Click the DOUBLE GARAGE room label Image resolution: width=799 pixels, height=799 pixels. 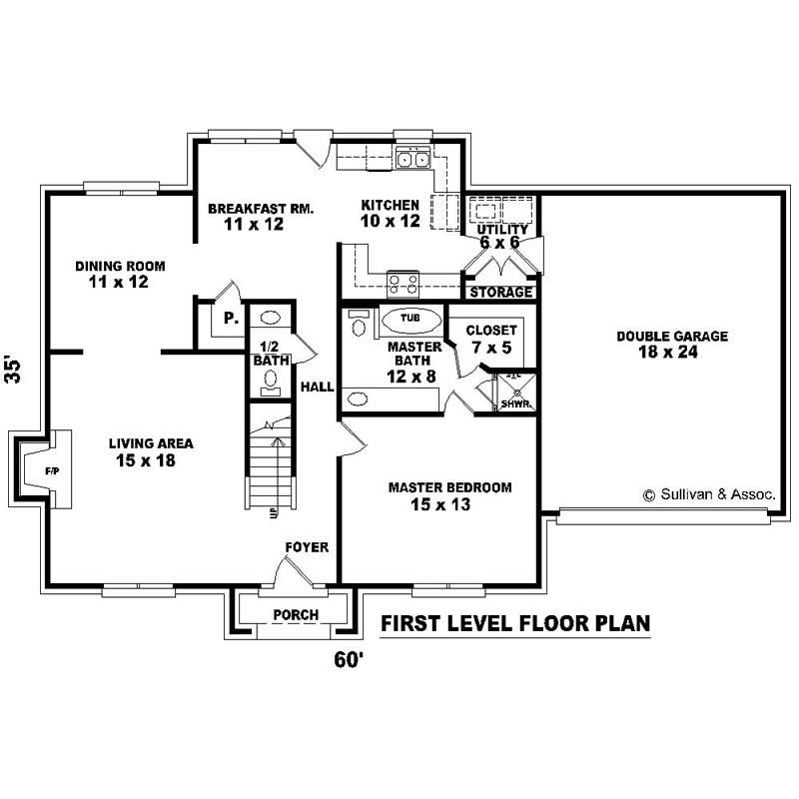[x=671, y=337]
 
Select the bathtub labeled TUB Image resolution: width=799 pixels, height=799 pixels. [x=409, y=319]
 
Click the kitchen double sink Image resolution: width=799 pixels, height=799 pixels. [x=412, y=158]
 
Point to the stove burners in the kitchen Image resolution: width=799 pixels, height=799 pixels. [x=402, y=284]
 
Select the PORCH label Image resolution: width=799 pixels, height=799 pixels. [x=295, y=614]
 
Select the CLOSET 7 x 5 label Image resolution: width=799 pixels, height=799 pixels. [x=491, y=338]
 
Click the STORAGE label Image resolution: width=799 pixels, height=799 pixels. [x=501, y=293]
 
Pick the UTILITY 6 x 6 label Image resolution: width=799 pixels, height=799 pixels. [x=502, y=236]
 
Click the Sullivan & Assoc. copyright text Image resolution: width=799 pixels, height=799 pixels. [x=709, y=494]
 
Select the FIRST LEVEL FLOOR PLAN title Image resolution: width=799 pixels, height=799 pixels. [x=516, y=624]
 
